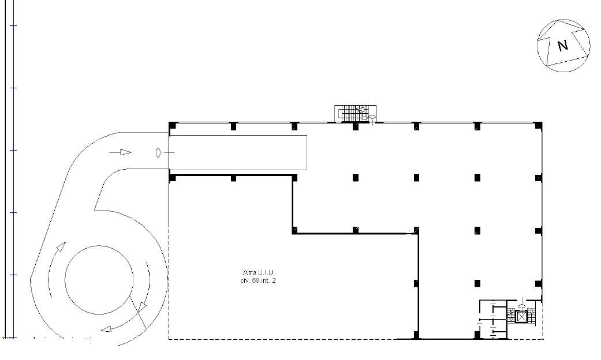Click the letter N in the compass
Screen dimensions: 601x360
(x=563, y=46)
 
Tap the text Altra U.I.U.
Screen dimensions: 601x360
(x=259, y=272)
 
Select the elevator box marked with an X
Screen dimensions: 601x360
(x=521, y=317)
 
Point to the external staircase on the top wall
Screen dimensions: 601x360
(x=355, y=113)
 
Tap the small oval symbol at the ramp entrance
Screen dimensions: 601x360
(x=159, y=153)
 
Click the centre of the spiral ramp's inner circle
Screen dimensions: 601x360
(x=99, y=280)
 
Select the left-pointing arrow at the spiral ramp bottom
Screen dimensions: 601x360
(x=106, y=329)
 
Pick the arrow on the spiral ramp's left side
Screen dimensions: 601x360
(x=61, y=247)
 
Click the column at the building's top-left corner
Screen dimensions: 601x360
(x=173, y=126)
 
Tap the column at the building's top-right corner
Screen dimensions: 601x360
(x=539, y=126)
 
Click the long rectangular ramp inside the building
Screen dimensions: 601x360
(x=238, y=152)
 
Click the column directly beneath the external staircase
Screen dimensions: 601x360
(x=355, y=126)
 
